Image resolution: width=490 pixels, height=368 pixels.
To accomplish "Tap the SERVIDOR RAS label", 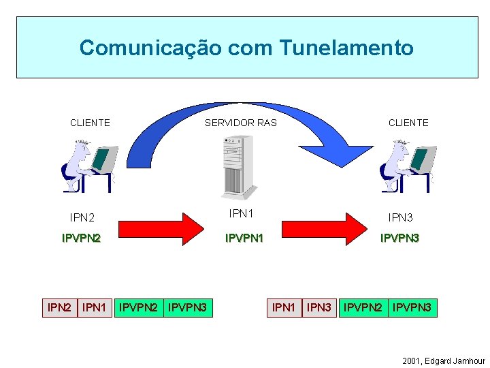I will pyautogui.click(x=241, y=123).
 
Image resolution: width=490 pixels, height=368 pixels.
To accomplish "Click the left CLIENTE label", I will pyautogui.click(x=90, y=123).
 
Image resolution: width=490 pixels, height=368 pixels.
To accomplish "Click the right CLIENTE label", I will pyautogui.click(x=408, y=123).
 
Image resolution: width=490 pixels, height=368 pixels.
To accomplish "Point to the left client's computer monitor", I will pyautogui.click(x=103, y=159).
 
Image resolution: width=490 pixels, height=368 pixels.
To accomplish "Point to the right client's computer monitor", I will pyautogui.click(x=423, y=159).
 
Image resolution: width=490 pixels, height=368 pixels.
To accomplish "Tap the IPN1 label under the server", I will pyautogui.click(x=242, y=213).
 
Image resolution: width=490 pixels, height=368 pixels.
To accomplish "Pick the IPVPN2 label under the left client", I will pyautogui.click(x=81, y=239).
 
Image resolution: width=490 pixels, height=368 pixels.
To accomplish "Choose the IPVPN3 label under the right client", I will pyautogui.click(x=399, y=239).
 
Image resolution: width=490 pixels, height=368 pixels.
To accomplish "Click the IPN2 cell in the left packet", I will pyautogui.click(x=59, y=308).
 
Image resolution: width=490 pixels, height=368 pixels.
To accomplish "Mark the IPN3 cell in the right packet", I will pyautogui.click(x=319, y=308).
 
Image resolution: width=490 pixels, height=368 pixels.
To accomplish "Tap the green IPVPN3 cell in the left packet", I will pyautogui.click(x=188, y=308).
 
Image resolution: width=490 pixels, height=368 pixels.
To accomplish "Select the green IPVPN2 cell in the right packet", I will pyautogui.click(x=363, y=308).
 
